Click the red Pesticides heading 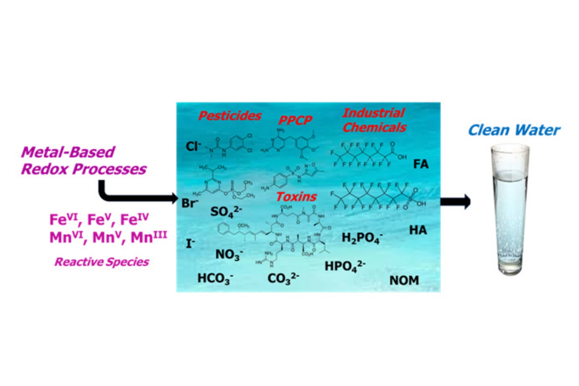(x=230, y=116)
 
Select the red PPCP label (x=295, y=120)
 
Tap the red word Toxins (x=296, y=197)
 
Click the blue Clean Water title (x=514, y=130)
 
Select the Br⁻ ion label (x=189, y=203)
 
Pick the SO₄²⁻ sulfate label (x=226, y=212)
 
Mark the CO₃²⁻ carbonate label (x=283, y=278)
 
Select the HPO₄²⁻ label (x=345, y=266)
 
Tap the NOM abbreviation (x=404, y=280)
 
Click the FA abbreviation (x=421, y=164)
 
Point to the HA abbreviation (x=418, y=230)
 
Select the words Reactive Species (x=102, y=262)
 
